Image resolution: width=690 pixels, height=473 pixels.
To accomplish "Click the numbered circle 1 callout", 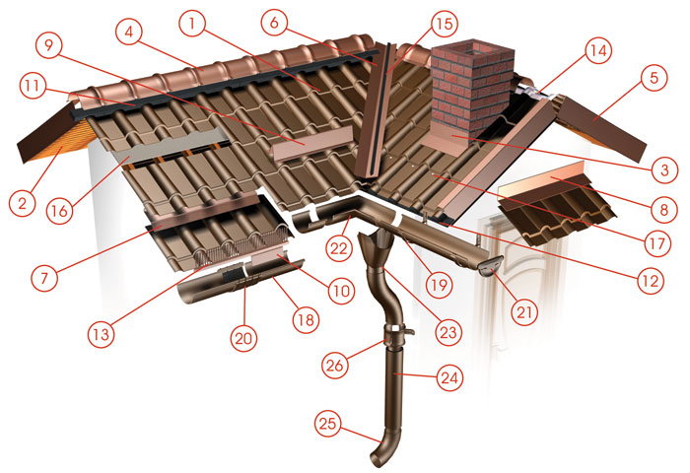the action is (x=191, y=23).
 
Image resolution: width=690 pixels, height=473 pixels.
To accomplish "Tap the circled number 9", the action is (x=49, y=45).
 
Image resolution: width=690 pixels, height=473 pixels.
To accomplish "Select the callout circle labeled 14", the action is (x=597, y=50).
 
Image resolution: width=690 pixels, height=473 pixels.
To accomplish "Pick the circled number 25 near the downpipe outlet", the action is (x=327, y=424).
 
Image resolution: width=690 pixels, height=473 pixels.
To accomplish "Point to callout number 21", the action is (x=524, y=312).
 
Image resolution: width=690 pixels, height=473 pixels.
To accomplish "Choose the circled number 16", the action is (x=59, y=211).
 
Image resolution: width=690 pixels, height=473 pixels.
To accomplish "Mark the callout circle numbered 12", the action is (x=650, y=280).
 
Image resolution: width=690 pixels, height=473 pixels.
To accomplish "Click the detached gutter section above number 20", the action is (x=241, y=282).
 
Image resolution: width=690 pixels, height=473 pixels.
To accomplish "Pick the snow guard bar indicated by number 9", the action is (x=311, y=144).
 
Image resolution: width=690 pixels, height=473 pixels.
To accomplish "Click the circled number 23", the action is (x=448, y=331).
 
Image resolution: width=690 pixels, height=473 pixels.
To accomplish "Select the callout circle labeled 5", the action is (x=654, y=78).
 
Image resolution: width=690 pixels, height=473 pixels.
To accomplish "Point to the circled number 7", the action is (x=44, y=278).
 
